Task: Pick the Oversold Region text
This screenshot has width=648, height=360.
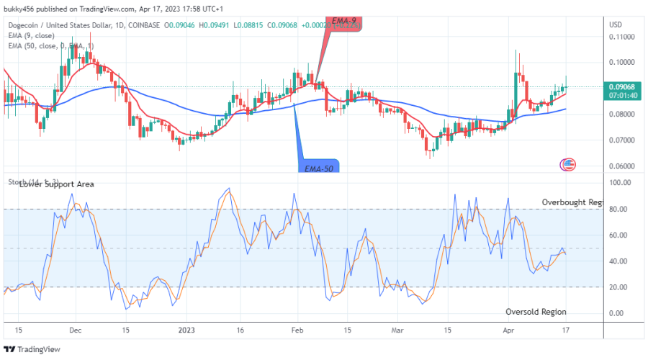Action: tap(536, 312)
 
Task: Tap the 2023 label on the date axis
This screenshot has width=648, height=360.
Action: tap(186, 330)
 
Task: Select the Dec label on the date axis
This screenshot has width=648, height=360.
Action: tap(74, 330)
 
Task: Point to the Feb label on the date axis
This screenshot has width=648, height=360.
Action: tap(297, 330)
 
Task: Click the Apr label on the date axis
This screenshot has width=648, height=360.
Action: tap(509, 330)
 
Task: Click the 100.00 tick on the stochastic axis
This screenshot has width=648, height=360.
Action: tap(621, 183)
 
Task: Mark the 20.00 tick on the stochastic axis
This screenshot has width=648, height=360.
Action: tap(620, 287)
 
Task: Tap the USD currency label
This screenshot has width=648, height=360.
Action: tap(616, 24)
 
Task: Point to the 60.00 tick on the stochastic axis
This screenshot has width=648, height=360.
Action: tap(620, 235)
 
